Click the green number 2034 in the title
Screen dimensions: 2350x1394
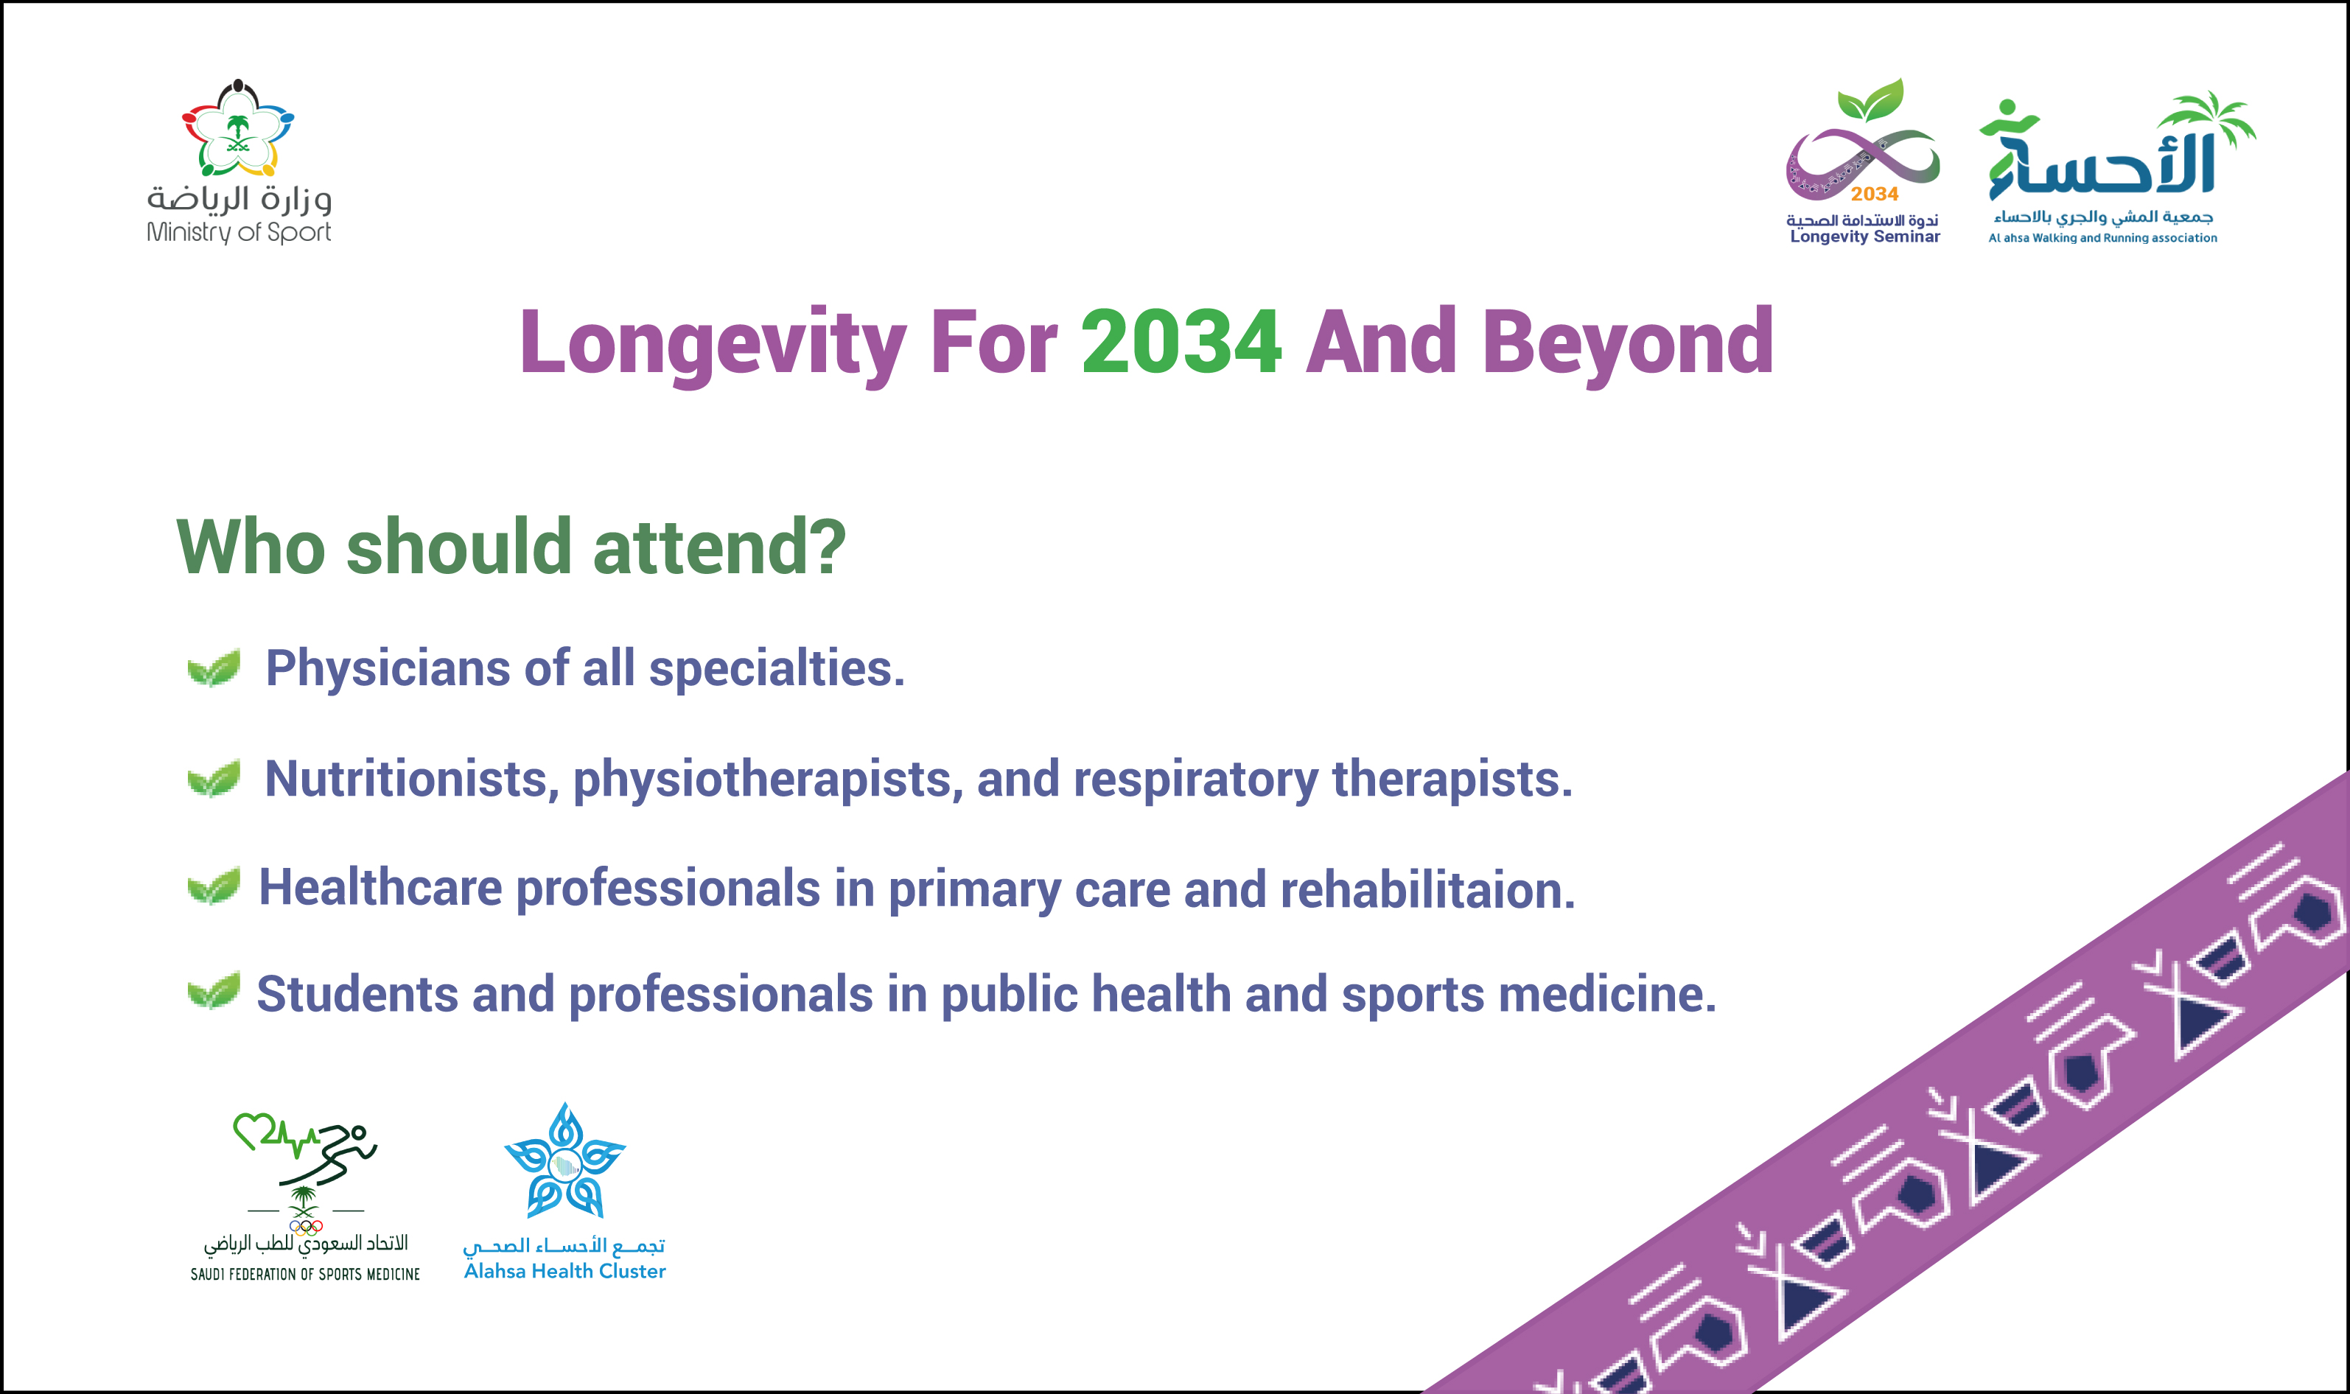pyautogui.click(x=1181, y=342)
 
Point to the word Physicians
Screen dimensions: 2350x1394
pyautogui.click(x=388, y=669)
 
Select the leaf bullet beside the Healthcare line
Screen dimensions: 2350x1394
pyautogui.click(x=214, y=886)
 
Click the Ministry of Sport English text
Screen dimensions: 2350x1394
pyautogui.click(x=239, y=232)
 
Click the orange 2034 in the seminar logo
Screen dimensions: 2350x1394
pyautogui.click(x=1875, y=194)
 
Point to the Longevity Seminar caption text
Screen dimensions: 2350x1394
pyautogui.click(x=1864, y=237)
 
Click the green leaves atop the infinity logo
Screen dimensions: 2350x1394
pyautogui.click(x=1871, y=99)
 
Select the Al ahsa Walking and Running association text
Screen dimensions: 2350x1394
pyautogui.click(x=2102, y=239)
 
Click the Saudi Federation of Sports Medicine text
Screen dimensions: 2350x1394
pyautogui.click(x=305, y=1274)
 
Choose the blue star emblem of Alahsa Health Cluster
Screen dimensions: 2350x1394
pyautogui.click(x=564, y=1161)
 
